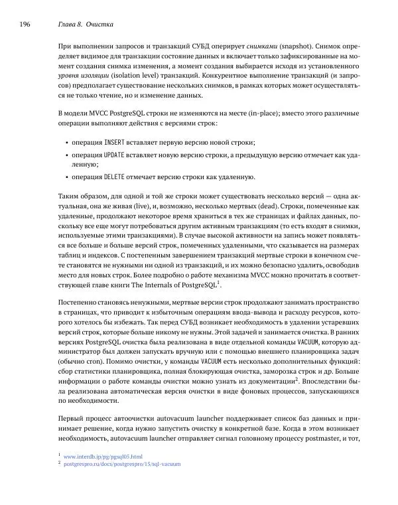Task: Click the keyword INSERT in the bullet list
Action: click(116, 143)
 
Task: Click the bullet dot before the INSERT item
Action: click(68, 143)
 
